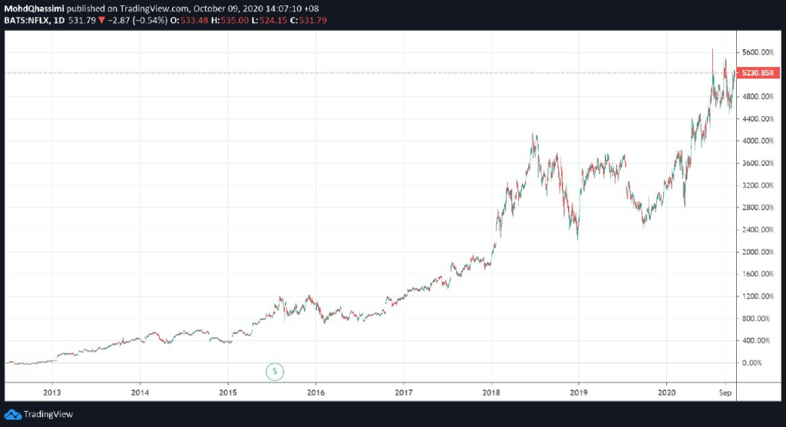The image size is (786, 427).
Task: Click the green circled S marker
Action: tap(275, 372)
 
